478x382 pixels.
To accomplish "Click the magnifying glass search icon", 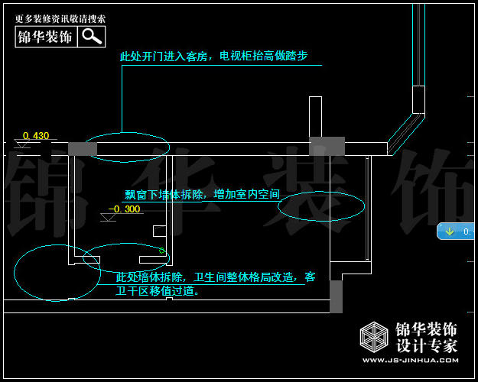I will point(92,36).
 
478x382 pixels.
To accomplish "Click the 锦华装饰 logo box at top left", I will point(46,36).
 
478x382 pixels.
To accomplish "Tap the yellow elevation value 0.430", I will point(36,136).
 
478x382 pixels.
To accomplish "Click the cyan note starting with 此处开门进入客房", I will point(213,57).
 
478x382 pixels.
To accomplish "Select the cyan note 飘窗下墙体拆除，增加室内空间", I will point(202,195).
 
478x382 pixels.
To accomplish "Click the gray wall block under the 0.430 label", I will point(83,149).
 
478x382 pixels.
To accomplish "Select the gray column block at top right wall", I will point(327,146).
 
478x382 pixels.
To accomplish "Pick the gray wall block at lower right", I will point(336,296).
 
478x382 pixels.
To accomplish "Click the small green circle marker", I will point(162,251).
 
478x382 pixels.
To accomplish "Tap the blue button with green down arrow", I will point(457,231).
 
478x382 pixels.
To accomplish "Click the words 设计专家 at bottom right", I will point(426,345).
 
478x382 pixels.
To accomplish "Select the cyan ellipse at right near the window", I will point(321,206).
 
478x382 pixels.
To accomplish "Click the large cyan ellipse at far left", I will point(57,273).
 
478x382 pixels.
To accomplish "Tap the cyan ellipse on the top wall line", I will point(127,147).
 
